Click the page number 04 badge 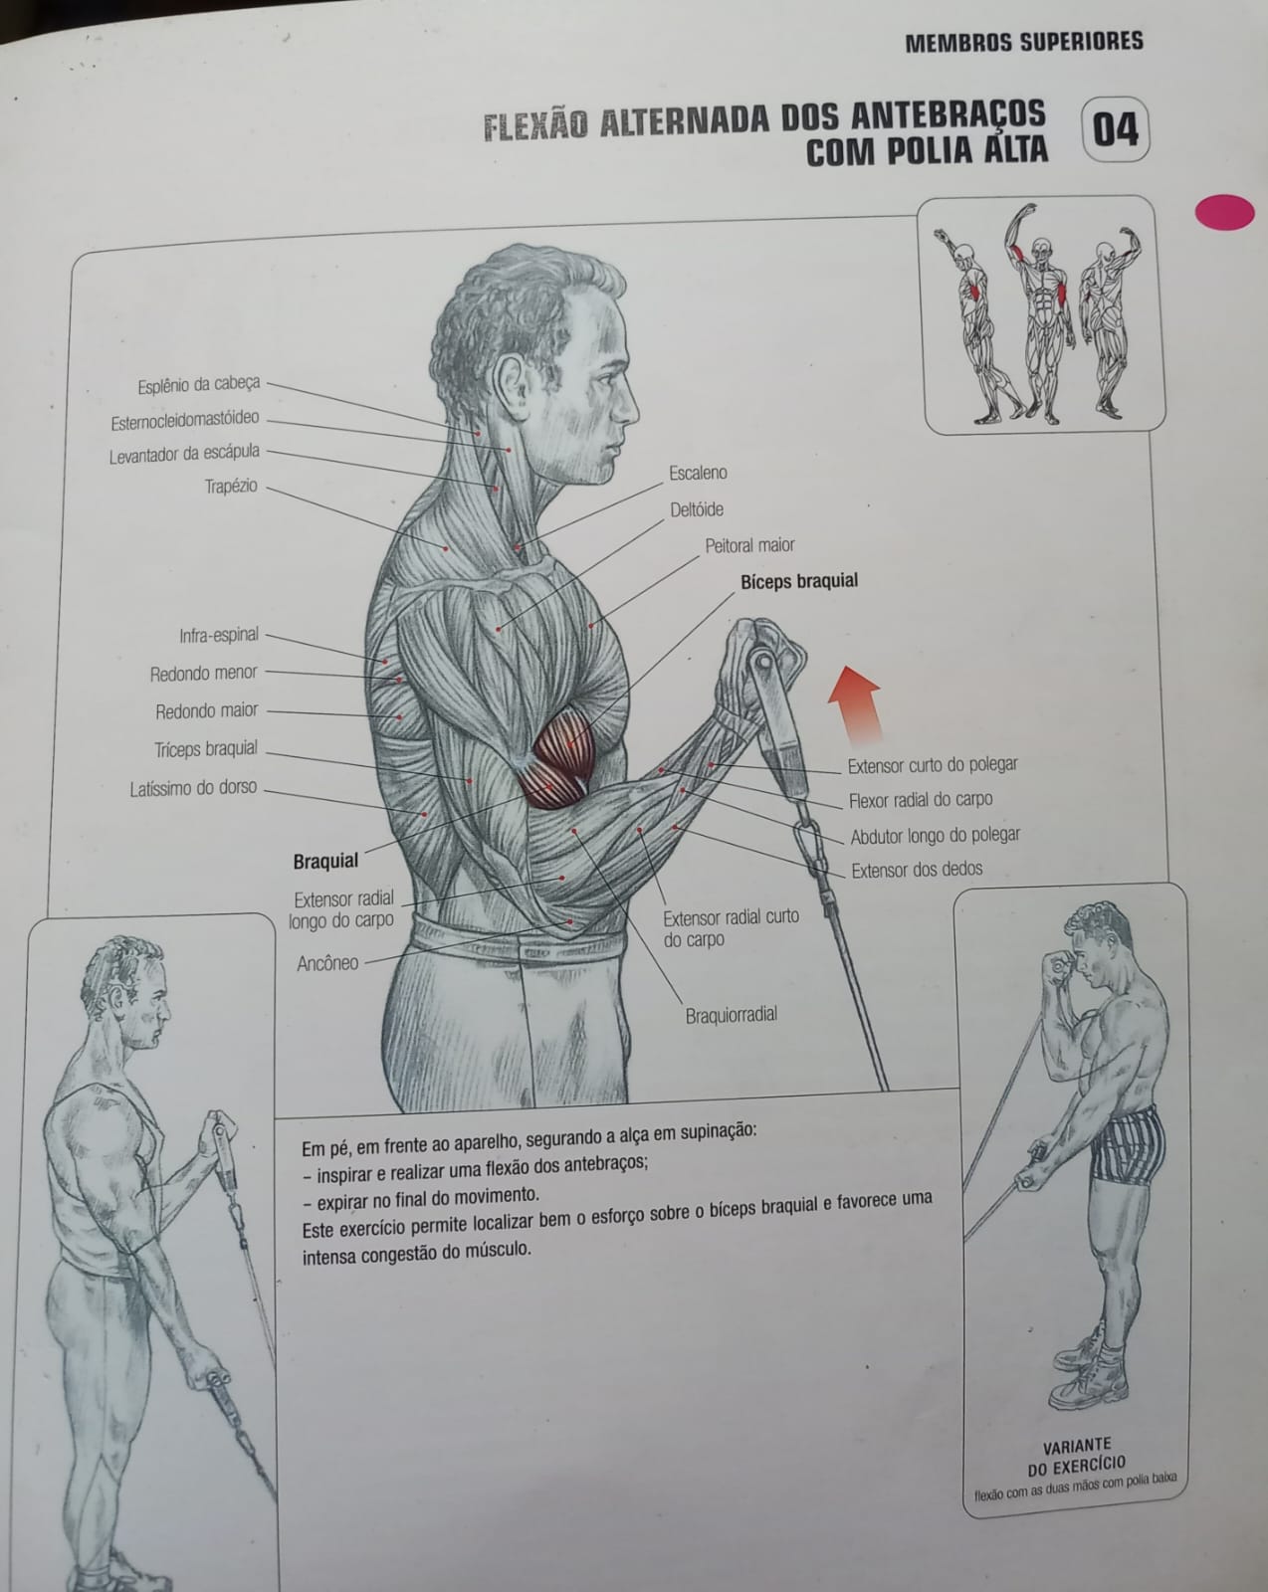(x=1116, y=129)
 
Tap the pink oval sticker (x=1225, y=212)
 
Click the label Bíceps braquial (x=799, y=581)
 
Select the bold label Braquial (x=325, y=861)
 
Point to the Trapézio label (x=231, y=486)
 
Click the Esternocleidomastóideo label (x=185, y=421)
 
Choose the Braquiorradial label (x=732, y=1015)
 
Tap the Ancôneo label (x=327, y=963)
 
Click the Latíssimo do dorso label (x=193, y=789)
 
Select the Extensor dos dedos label (x=917, y=870)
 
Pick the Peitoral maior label (x=749, y=546)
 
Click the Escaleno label (x=698, y=473)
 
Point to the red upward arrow (x=857, y=704)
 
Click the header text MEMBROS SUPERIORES (x=1024, y=42)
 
